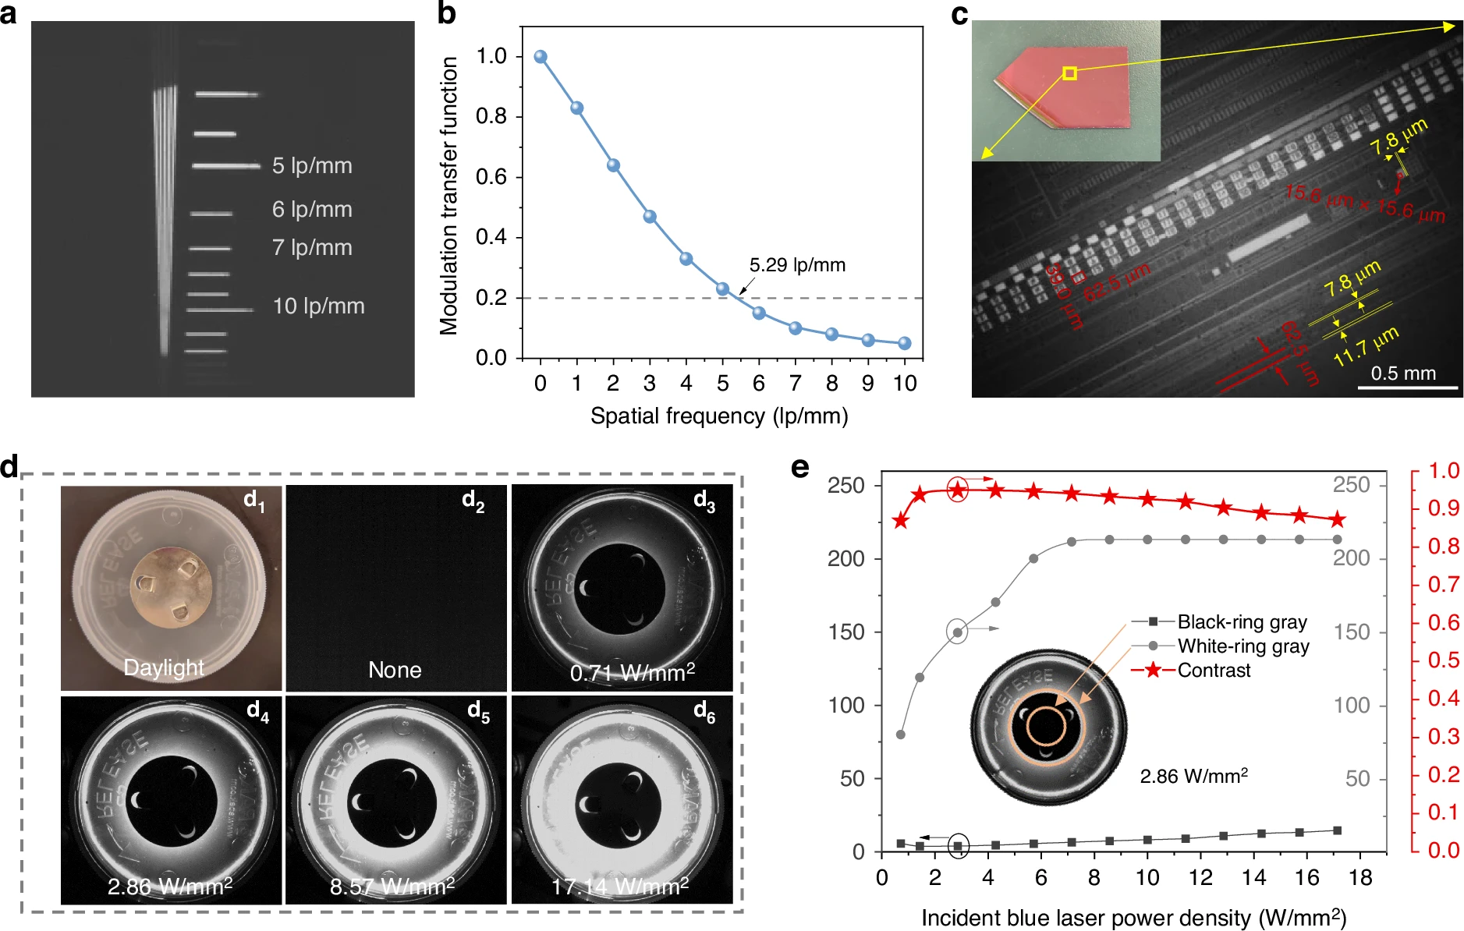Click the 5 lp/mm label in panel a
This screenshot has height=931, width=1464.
[312, 165]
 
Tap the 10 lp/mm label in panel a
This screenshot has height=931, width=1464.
[318, 306]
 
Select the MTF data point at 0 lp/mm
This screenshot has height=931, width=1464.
[541, 57]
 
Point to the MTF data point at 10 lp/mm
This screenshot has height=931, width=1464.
[905, 343]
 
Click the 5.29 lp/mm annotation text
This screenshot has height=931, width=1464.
[797, 265]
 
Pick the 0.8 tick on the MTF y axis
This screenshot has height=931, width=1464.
[491, 116]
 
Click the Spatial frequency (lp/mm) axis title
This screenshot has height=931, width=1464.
[719, 416]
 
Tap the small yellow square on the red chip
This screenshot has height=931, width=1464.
[1070, 73]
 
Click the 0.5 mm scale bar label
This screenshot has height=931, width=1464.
[1403, 373]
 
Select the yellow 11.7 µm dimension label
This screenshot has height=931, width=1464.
[1366, 348]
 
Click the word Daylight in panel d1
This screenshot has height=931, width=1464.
[164, 667]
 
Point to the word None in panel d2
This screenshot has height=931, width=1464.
[395, 670]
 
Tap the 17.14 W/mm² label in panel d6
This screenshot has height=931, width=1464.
[620, 887]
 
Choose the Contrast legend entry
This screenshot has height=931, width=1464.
[1214, 671]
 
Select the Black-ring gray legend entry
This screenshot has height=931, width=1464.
[1242, 622]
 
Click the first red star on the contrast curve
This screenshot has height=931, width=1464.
[901, 521]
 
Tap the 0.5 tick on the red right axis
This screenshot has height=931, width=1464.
[1443, 660]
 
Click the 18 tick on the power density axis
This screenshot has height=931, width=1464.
[1360, 878]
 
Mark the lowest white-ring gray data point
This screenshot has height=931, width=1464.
[901, 735]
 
